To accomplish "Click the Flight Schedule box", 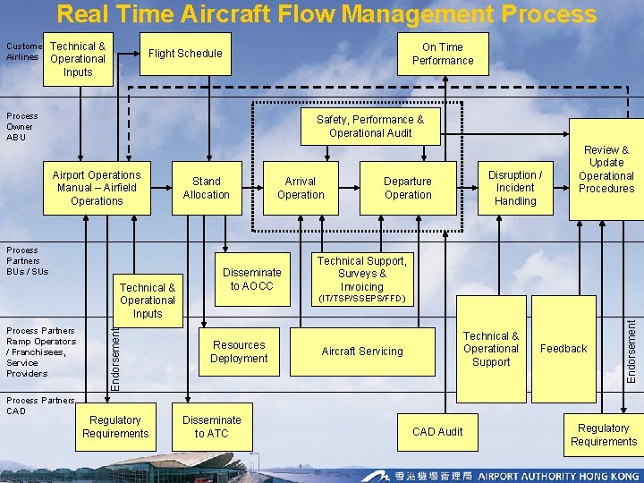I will click(185, 54).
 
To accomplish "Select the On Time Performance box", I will click(443, 54).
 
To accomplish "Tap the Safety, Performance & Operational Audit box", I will click(370, 126).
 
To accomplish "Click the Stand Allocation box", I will click(206, 188).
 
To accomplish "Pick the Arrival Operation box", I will click(301, 188).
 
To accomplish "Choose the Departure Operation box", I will click(408, 188).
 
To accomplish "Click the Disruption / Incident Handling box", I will click(515, 188).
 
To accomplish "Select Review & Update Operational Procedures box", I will click(606, 170).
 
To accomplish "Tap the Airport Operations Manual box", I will click(97, 188).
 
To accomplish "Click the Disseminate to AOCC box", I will click(252, 279).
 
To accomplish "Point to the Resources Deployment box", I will click(239, 352).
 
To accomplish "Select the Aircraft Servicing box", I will click(362, 352).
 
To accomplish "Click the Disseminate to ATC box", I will click(212, 427).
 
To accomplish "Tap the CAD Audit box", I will click(437, 432).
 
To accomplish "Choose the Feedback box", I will click(563, 349).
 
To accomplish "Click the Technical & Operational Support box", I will click(491, 349).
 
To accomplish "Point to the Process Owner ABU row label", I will click(22, 126).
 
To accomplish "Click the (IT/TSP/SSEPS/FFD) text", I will click(361, 298).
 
